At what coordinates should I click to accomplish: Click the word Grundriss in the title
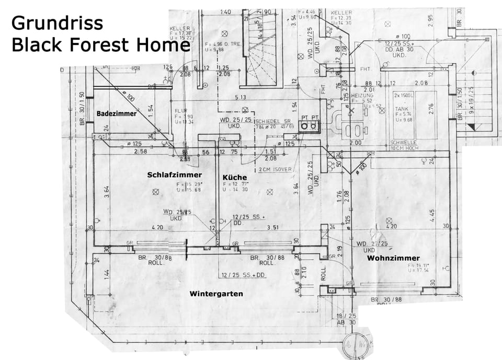57,22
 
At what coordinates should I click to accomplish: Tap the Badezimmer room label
116,113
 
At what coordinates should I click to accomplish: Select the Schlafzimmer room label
174,175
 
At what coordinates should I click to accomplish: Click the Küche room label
234,177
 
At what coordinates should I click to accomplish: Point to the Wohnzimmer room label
393,258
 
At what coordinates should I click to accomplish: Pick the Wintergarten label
216,294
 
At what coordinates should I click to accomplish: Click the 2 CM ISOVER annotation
274,170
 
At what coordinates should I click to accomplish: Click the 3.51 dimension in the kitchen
273,227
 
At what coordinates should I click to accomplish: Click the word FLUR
181,111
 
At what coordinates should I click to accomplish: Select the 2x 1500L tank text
404,96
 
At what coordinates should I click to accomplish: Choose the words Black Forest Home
100,45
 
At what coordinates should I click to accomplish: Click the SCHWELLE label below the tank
403,143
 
